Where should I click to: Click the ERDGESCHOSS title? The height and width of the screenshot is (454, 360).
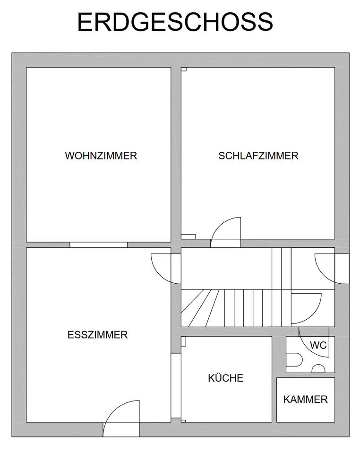(x=175, y=22)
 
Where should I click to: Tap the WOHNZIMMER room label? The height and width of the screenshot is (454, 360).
(x=101, y=156)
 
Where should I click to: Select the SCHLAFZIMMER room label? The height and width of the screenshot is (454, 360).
(x=258, y=156)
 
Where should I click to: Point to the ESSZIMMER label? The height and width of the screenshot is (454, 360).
(x=97, y=335)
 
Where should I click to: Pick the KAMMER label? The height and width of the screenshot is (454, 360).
(x=305, y=400)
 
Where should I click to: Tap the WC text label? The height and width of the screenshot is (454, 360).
(x=318, y=345)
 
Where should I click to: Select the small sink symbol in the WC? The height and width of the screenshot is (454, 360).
(x=318, y=369)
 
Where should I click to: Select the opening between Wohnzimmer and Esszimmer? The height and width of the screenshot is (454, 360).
(x=99, y=244)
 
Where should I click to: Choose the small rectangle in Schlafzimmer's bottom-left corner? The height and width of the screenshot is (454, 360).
(x=188, y=236)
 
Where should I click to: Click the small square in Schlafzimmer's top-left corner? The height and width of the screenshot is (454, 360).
(x=184, y=69)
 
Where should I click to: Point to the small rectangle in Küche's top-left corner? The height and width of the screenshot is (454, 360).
(x=183, y=341)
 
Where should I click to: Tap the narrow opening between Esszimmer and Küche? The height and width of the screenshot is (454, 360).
(x=176, y=386)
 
